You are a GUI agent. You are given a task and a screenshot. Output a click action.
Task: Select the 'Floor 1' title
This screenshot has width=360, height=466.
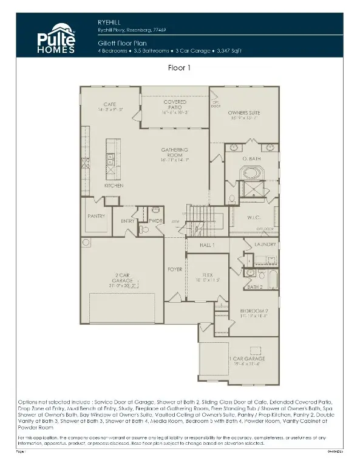(x=180, y=69)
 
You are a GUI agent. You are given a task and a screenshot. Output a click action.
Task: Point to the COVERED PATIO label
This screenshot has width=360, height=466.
(x=175, y=105)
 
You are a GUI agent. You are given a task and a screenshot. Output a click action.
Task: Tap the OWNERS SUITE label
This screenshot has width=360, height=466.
(x=244, y=113)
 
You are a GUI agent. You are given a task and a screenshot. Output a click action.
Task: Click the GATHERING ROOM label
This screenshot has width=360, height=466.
(x=175, y=152)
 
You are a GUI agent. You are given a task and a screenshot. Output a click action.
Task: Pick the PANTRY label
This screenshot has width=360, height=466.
(x=96, y=215)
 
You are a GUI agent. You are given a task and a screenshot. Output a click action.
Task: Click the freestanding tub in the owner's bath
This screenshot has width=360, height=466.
(x=251, y=173)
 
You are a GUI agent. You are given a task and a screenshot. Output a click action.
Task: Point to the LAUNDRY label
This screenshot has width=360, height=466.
(x=265, y=245)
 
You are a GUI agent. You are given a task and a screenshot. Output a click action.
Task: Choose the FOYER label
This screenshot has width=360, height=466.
(x=175, y=269)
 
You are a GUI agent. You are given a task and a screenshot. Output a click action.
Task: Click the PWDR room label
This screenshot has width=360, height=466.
(x=156, y=221)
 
